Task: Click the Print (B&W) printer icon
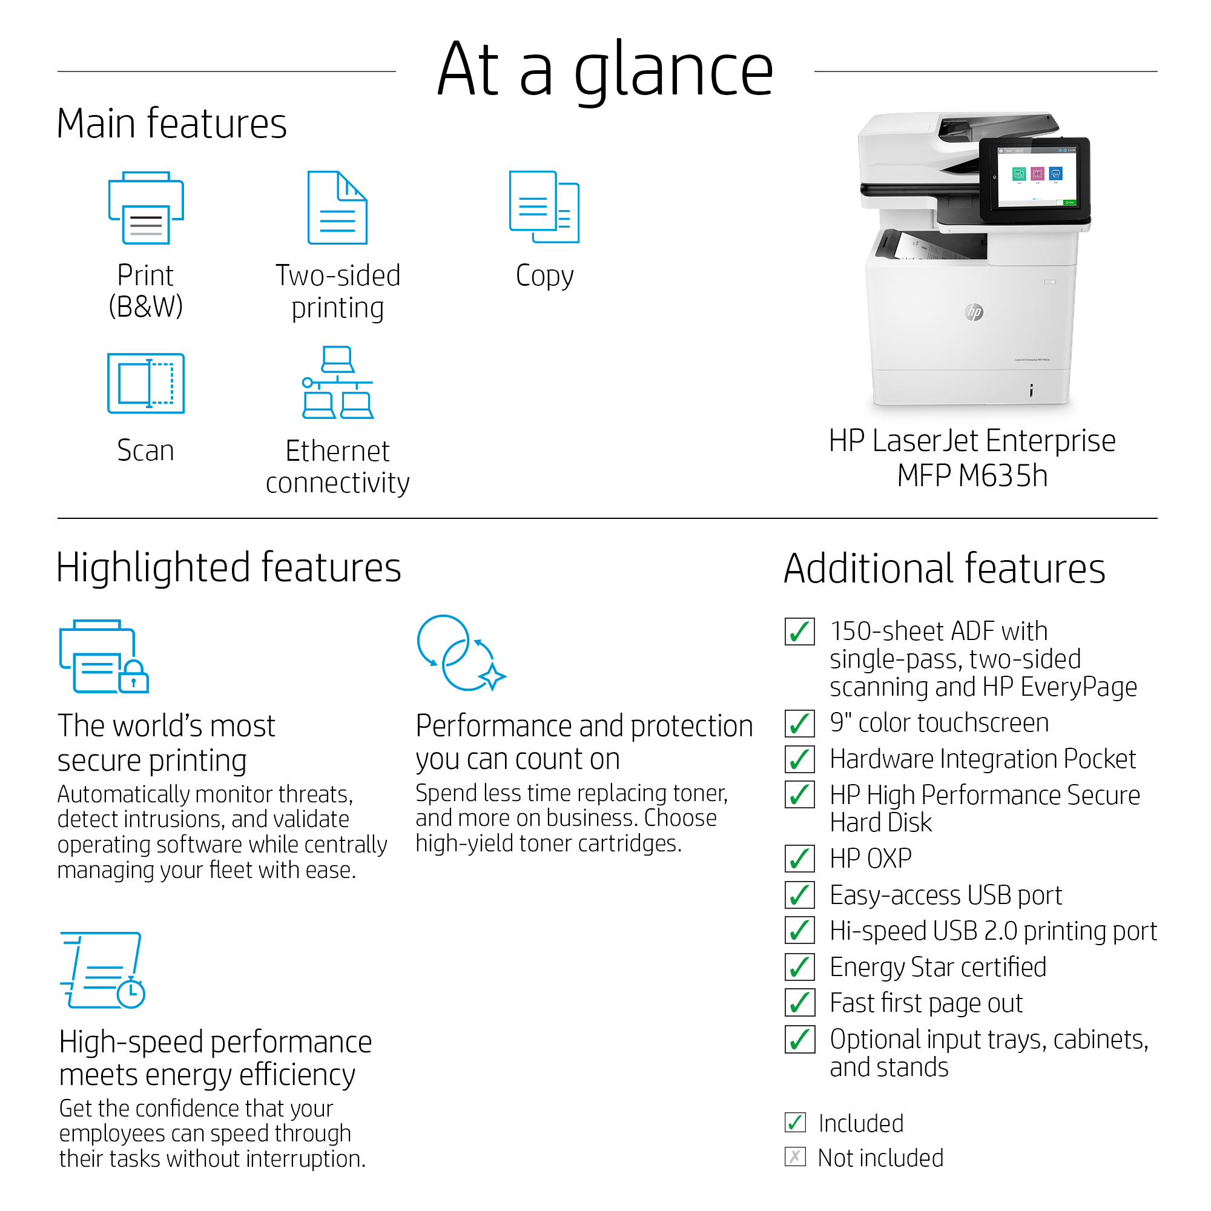[x=146, y=208]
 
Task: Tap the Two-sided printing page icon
[x=337, y=208]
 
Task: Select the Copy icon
[x=544, y=207]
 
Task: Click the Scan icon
[x=146, y=384]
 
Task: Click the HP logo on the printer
[x=974, y=311]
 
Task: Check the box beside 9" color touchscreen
[x=800, y=724]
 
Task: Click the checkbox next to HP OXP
[x=800, y=859]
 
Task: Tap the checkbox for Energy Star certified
[x=800, y=967]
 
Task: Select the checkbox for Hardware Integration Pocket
[x=800, y=759]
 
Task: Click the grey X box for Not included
[x=795, y=1157]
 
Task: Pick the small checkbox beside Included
[x=795, y=1122]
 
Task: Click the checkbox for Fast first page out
[x=800, y=1003]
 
